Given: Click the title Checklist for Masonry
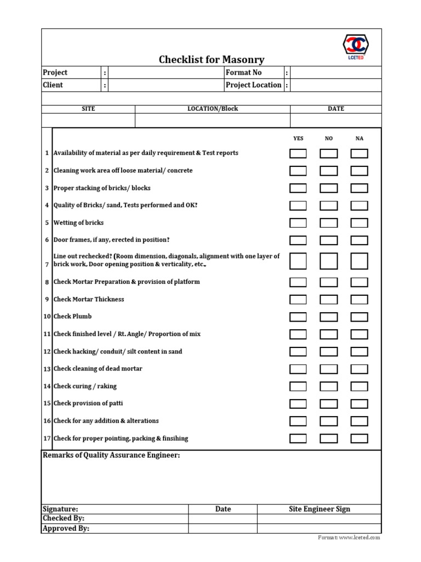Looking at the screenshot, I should tap(212, 59).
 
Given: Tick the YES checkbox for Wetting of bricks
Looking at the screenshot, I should tap(298, 223).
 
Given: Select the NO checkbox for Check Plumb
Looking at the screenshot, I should tap(328, 317).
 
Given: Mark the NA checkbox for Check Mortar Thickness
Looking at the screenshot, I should tap(359, 300).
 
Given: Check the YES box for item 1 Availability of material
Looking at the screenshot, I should tap(298, 153).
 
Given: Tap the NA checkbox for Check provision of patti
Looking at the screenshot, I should tap(359, 404).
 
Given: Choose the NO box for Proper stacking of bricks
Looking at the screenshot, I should tap(328, 188).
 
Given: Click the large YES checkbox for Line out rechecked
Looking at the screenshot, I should tap(298, 261).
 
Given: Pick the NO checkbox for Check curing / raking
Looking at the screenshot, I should tap(328, 386).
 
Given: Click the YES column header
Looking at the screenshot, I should tap(298, 139).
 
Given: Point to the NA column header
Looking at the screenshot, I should tap(360, 139).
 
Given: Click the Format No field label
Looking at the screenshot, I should tap(244, 72).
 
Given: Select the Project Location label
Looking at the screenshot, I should tap(253, 85).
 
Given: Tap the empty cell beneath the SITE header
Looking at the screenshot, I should tap(88, 120).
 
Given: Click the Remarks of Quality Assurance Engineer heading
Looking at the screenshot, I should tap(111, 456).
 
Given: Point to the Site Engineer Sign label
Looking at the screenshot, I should tap(320, 509).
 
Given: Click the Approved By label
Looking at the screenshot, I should tap(66, 529).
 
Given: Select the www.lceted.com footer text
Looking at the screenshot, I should tap(359, 538).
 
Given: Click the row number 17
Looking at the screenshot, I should tap(47, 439).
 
